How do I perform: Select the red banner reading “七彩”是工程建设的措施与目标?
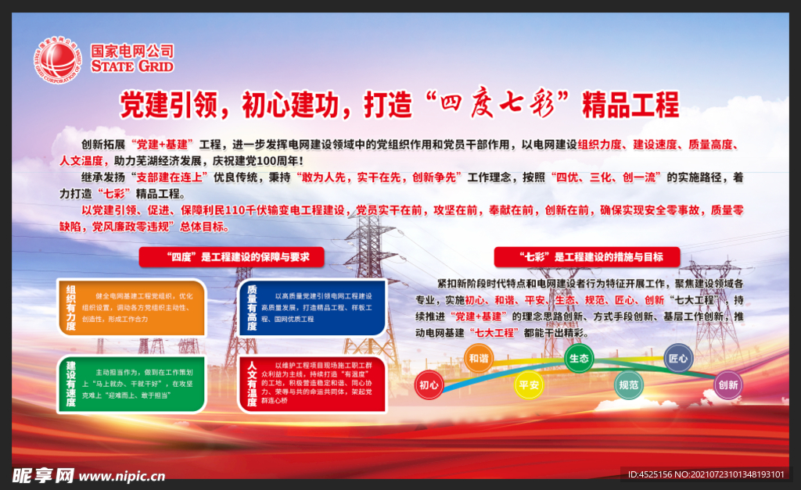point(587,256)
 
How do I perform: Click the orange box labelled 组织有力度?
point(131,306)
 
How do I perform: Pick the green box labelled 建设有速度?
point(131,383)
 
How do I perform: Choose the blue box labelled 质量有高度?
point(311,307)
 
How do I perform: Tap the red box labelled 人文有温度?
point(311,384)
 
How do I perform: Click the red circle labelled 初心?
point(429,384)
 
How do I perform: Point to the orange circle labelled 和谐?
point(478,358)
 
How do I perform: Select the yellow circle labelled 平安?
point(528,384)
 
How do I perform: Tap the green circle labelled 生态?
point(578,358)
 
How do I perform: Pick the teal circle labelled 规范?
point(628,384)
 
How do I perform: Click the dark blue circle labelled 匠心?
point(678,358)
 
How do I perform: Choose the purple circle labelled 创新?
point(728,384)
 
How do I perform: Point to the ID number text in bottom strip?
point(706,474)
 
